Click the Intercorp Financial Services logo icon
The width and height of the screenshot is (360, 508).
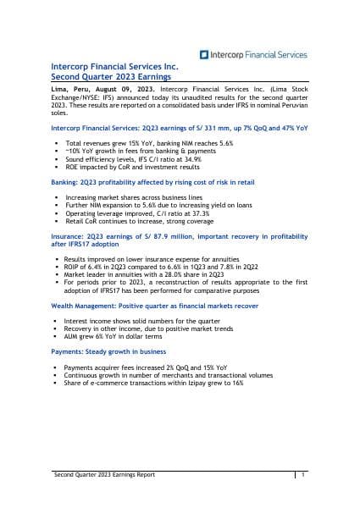pyautogui.click(x=204, y=54)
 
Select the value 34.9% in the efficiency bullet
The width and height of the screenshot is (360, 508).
pyautogui.click(x=193, y=160)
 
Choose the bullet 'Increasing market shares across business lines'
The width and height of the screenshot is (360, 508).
pyautogui.click(x=125, y=197)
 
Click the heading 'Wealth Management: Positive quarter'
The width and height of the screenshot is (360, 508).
pyautogui.click(x=147, y=305)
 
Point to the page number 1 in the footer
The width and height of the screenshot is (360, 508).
pyautogui.click(x=302, y=476)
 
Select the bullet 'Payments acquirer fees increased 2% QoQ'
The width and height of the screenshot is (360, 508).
pyautogui.click(x=136, y=367)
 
